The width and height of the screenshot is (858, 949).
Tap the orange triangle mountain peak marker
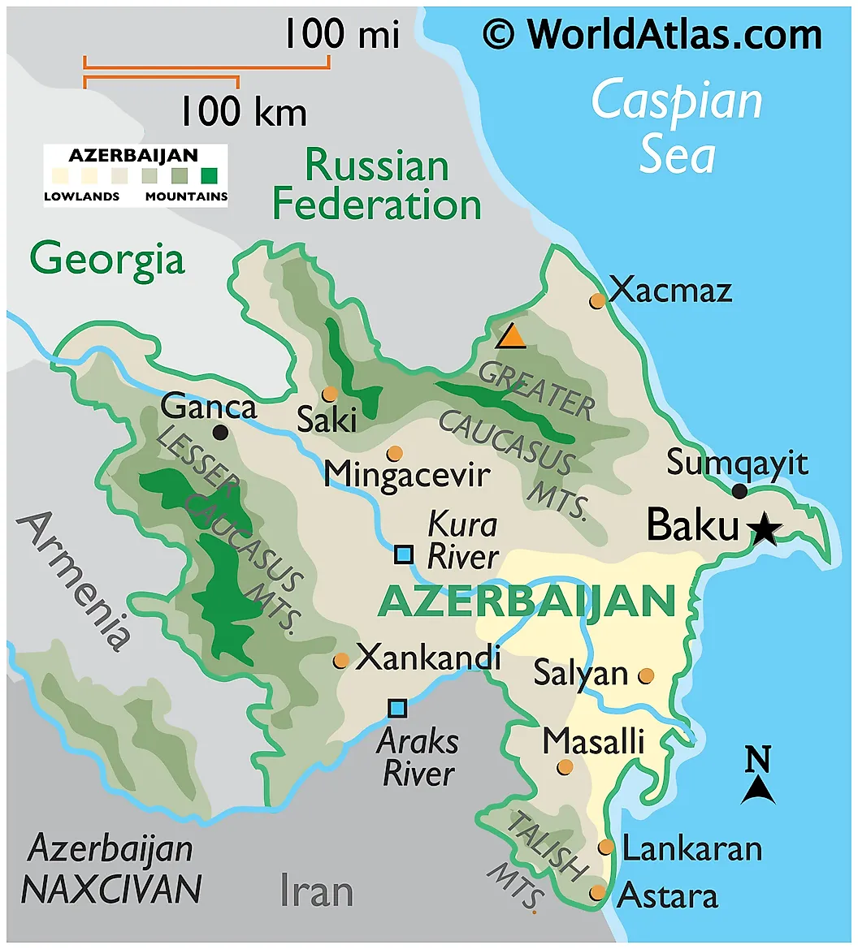point(511,336)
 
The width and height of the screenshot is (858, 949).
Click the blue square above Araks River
point(397,708)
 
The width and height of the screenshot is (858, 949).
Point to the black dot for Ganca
point(220,432)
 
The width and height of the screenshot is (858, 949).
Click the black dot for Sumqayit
point(739,491)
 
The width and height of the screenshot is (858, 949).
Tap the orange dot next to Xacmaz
point(598,301)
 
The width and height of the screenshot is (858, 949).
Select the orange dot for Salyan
point(647,675)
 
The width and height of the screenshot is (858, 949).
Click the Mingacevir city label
point(406,475)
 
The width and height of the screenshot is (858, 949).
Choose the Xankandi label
point(427,658)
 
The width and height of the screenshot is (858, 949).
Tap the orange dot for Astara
point(598,892)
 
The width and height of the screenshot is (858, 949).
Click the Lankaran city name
point(692,849)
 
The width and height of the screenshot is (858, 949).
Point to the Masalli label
point(593,740)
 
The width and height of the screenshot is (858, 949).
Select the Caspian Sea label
point(677,127)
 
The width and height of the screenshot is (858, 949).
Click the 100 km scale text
point(242,111)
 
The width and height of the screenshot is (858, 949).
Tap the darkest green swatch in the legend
point(211,175)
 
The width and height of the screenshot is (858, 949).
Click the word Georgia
point(107,260)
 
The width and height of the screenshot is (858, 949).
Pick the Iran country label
point(316,891)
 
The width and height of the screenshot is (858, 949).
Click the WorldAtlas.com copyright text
point(652,35)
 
